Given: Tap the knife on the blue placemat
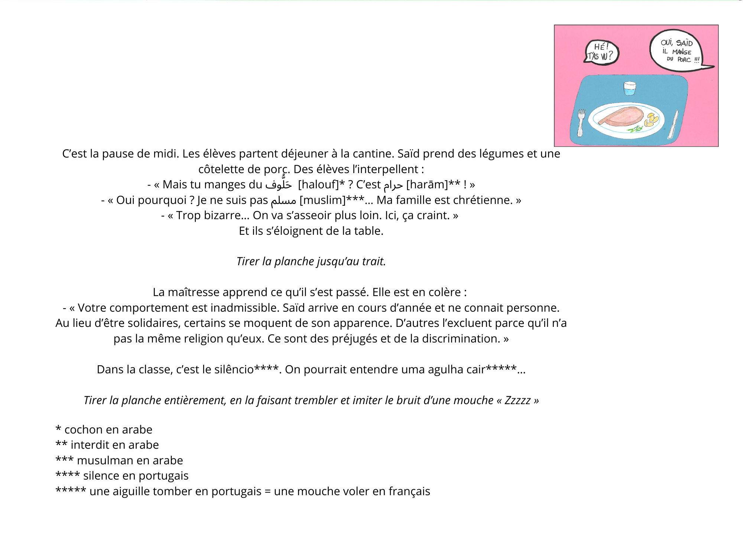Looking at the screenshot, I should click(673, 124).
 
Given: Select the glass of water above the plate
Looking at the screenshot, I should click(629, 88).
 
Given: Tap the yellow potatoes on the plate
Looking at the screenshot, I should click(651, 120).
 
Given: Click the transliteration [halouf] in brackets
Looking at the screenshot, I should click(318, 184).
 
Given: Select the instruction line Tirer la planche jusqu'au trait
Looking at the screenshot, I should click(311, 261).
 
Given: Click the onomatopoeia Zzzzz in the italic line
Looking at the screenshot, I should click(517, 400).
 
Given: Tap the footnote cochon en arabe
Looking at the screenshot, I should click(108, 429).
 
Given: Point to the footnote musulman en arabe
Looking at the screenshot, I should click(129, 460).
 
